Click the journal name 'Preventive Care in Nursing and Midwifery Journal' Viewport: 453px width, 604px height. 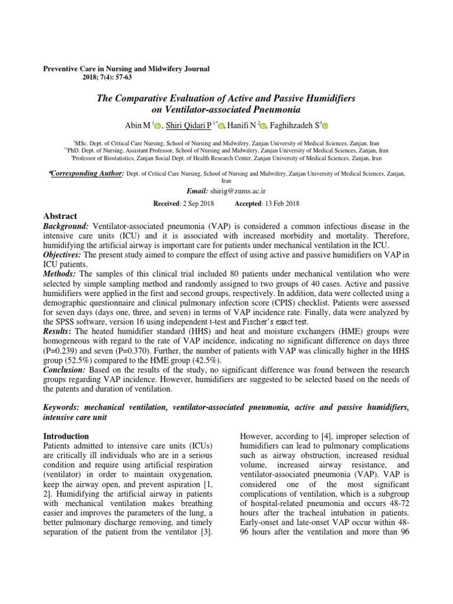[x=126, y=69]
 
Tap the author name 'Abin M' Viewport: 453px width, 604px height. [x=137, y=125]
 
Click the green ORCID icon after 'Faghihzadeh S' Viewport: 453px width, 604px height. [x=325, y=126]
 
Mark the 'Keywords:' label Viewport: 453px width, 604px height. [x=63, y=408]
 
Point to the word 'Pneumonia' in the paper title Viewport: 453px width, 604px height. [x=272, y=110]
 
